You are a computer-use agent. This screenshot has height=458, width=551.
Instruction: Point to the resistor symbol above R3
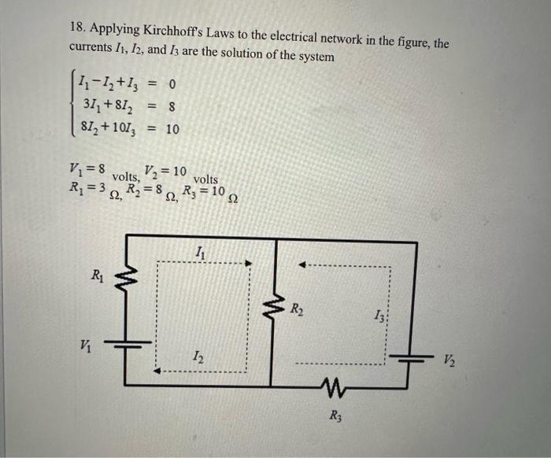click(335, 386)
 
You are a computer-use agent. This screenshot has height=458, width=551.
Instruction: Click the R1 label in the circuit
click(97, 275)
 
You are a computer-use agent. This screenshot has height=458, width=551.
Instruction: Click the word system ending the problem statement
click(312, 57)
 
